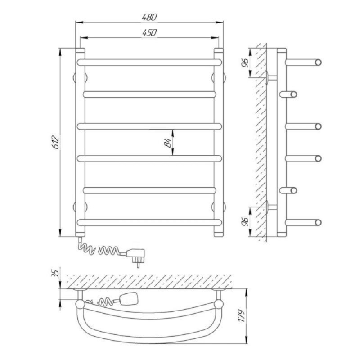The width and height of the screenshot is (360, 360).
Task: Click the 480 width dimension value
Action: tap(149, 17)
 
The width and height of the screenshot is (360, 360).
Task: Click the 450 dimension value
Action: tap(149, 32)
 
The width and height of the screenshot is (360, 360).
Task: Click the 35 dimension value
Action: tap(56, 274)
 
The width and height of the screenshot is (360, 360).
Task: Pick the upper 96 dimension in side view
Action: tap(245, 63)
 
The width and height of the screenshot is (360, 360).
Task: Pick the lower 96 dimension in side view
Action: tap(245, 221)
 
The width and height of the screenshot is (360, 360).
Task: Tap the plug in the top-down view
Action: tap(129, 298)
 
